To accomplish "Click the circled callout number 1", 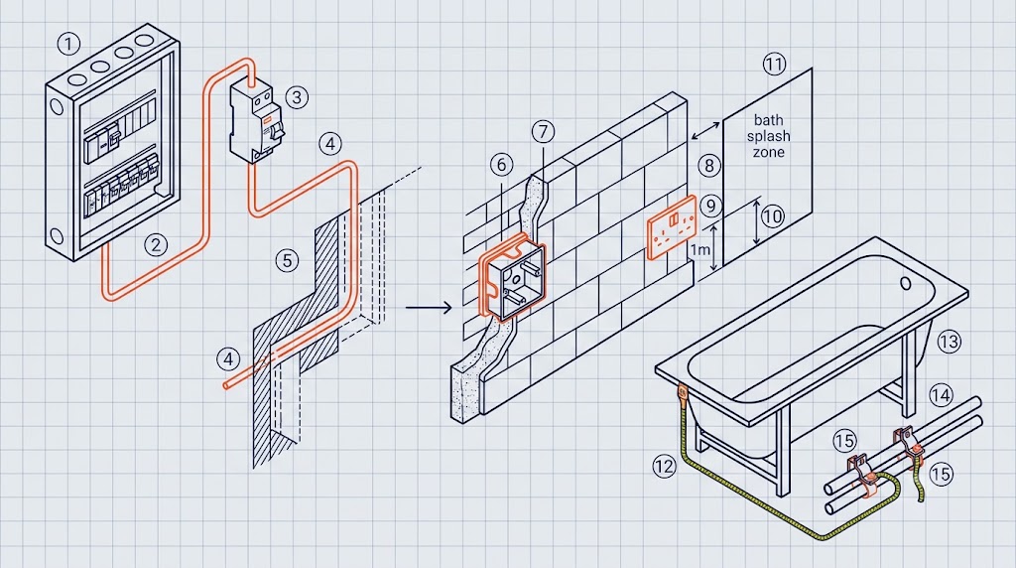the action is (x=68, y=44).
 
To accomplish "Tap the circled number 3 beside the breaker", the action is (x=297, y=97).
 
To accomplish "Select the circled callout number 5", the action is (x=287, y=260).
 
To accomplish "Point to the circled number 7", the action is (x=543, y=132).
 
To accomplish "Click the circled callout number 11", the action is (x=774, y=64).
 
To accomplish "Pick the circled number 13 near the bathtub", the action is (x=950, y=341).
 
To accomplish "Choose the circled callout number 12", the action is (x=664, y=466).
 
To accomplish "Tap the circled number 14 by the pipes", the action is (x=942, y=394).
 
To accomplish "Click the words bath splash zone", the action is (x=769, y=136).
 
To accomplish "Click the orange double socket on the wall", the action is (x=672, y=227).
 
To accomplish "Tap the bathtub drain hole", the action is (x=906, y=283).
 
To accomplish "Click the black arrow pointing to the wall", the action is (x=429, y=307).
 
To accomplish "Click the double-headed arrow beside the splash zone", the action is (x=705, y=130).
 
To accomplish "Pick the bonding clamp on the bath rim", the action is (x=683, y=392).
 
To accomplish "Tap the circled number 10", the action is (x=772, y=215).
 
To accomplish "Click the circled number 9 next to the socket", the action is (x=711, y=207).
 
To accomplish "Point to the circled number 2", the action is (x=156, y=244).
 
